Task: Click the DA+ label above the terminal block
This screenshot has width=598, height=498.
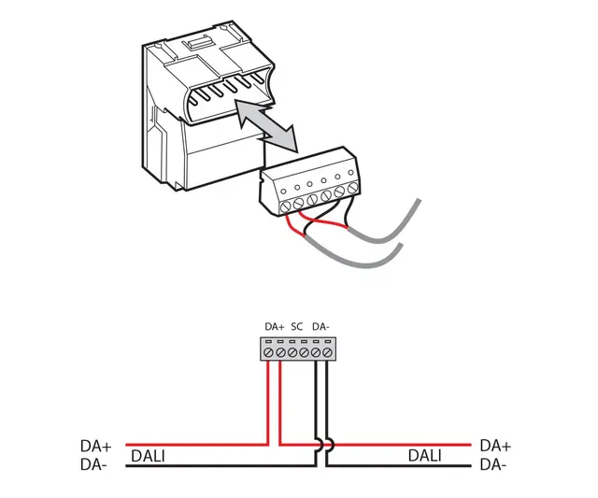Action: pyautogui.click(x=274, y=326)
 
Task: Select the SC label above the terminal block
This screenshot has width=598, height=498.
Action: pyautogui.click(x=297, y=326)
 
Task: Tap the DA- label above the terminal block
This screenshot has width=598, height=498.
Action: pyautogui.click(x=320, y=326)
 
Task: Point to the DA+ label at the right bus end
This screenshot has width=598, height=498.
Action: pyautogui.click(x=493, y=447)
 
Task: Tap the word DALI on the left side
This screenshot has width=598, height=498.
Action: pyautogui.click(x=150, y=456)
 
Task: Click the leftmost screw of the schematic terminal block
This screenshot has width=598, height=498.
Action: pyautogui.click(x=268, y=353)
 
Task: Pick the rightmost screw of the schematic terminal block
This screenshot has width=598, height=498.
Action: pyautogui.click(x=327, y=353)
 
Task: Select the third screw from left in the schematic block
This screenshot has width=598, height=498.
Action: pyautogui.click(x=292, y=353)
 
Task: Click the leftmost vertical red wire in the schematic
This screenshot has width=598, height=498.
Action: pyautogui.click(x=268, y=402)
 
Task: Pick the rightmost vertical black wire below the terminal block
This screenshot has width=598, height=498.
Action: pyautogui.click(x=328, y=402)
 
